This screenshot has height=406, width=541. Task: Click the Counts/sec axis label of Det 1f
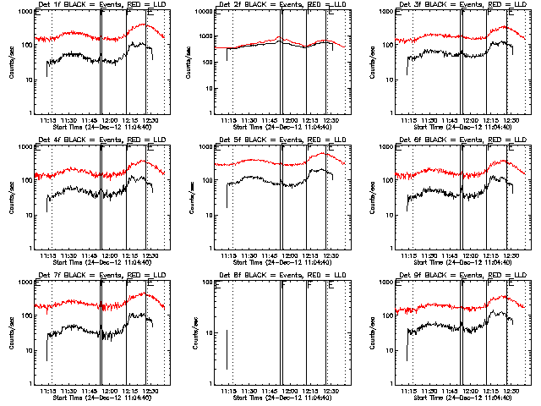(11, 62)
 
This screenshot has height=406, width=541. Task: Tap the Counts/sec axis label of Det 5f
(191, 197)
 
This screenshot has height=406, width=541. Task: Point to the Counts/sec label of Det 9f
(372, 332)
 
